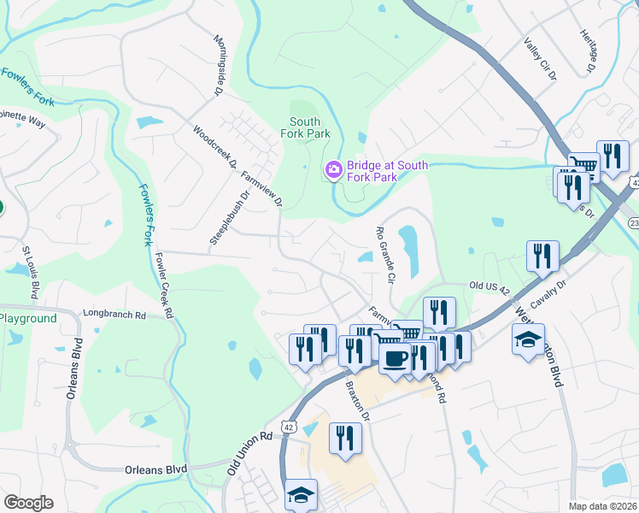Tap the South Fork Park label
tap(305, 127)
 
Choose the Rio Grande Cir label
tap(386, 255)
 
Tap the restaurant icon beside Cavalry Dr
tap(542, 256)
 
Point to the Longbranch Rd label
tap(115, 315)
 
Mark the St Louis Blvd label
tap(30, 274)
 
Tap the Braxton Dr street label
tap(356, 400)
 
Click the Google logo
tap(28, 502)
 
